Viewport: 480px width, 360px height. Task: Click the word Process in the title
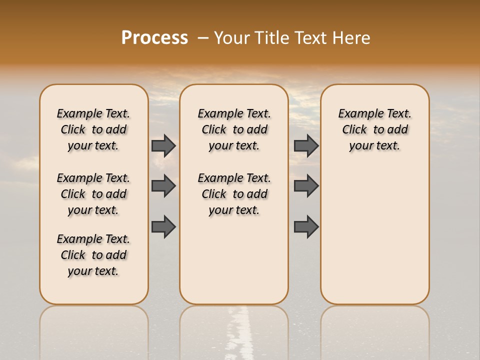pos(154,38)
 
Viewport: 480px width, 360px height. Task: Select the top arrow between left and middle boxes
pos(163,145)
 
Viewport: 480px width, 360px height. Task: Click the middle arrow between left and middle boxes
pos(163,186)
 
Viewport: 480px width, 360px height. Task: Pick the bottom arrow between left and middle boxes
pos(163,226)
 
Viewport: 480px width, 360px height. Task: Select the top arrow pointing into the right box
pos(306,145)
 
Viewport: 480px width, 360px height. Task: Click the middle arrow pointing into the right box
pos(306,186)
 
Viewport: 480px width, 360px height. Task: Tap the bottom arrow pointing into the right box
pos(306,226)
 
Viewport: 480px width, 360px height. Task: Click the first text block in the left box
pos(93,129)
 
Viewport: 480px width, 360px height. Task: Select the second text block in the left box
pos(93,194)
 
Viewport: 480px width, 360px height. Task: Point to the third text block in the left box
pos(93,255)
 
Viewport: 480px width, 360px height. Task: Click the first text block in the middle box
pos(234,129)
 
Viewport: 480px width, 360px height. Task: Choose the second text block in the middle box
pos(234,194)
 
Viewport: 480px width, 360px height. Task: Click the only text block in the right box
pos(375,129)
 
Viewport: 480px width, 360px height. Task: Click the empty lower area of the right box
pos(375,235)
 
